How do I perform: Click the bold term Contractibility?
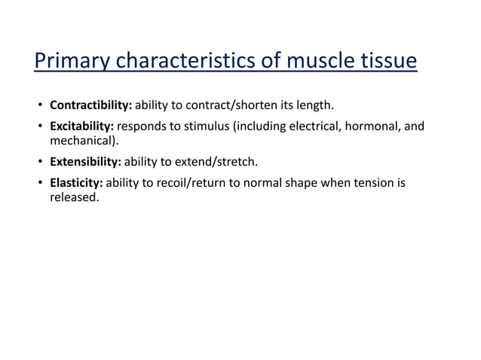click(90, 105)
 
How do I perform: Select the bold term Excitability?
click(81, 126)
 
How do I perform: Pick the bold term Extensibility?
click(85, 160)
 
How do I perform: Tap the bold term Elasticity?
click(76, 182)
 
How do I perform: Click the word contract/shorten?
click(226, 105)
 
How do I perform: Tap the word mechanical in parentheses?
click(80, 140)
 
